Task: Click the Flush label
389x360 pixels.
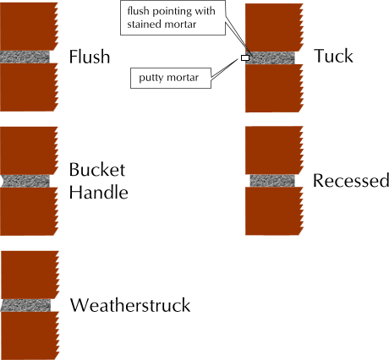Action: click(x=90, y=57)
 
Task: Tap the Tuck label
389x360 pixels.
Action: click(x=333, y=56)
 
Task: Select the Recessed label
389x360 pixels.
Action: click(x=351, y=180)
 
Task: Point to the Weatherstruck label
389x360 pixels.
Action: click(x=130, y=305)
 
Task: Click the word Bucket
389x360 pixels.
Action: click(x=97, y=170)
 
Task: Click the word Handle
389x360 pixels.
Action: click(x=99, y=193)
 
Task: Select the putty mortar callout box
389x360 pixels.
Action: click(x=171, y=78)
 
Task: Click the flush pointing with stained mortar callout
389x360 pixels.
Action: click(x=173, y=18)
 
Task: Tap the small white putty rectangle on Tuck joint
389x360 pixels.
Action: click(x=245, y=58)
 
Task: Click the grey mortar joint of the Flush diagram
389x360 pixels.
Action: click(x=25, y=57)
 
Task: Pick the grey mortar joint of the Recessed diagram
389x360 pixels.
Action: click(x=272, y=181)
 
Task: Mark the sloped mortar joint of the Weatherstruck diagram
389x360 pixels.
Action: click(x=25, y=305)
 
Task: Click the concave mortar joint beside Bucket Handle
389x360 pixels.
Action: click(x=26, y=181)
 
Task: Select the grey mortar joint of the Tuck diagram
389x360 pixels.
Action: click(x=271, y=58)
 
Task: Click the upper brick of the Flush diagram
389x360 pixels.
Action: click(x=29, y=26)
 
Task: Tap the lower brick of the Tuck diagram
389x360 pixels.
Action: click(x=274, y=88)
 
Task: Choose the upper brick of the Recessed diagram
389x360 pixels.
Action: click(x=274, y=150)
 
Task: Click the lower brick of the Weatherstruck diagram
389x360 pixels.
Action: click(x=30, y=335)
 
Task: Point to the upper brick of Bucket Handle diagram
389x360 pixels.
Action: click(x=29, y=150)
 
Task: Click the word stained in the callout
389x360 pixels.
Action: click(x=142, y=25)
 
